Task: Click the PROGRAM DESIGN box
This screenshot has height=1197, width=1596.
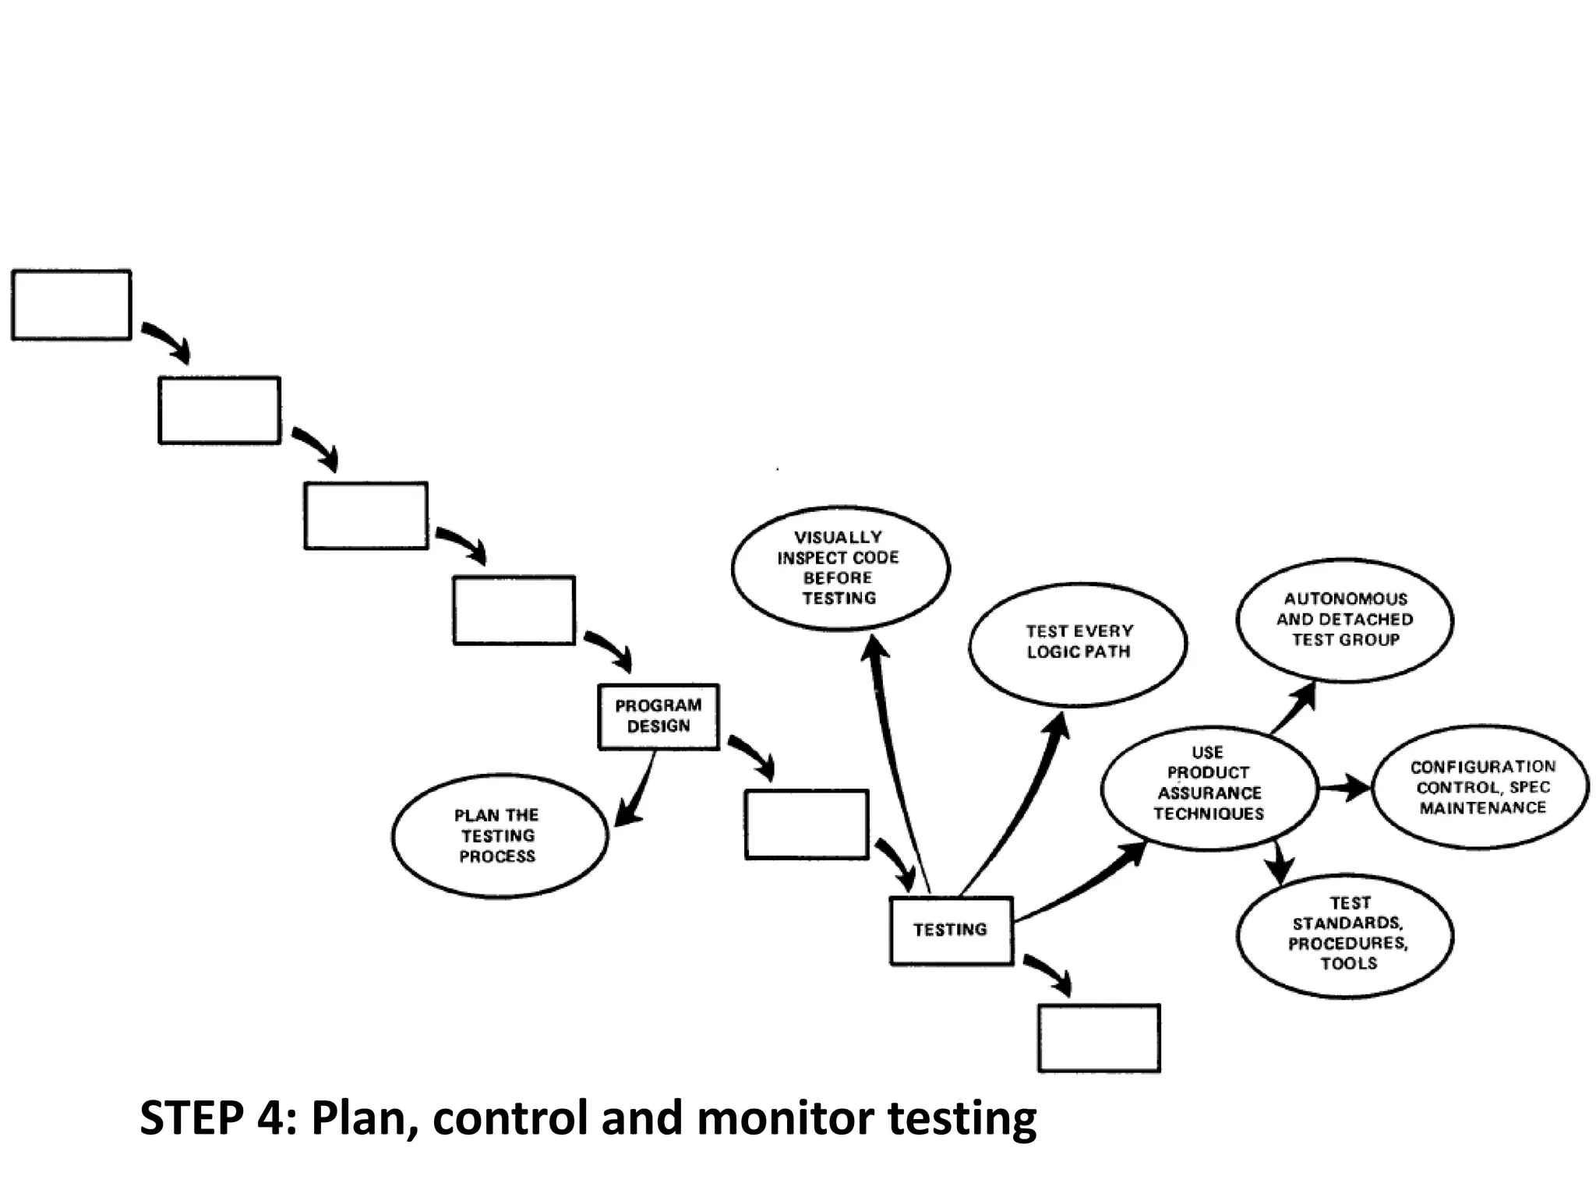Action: coord(659,716)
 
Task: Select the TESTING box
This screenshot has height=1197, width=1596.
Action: coord(951,930)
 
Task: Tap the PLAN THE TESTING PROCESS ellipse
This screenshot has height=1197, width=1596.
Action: coord(499,835)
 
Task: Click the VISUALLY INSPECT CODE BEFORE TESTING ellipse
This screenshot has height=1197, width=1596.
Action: coord(839,567)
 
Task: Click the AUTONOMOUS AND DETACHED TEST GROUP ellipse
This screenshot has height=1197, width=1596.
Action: coord(1344,620)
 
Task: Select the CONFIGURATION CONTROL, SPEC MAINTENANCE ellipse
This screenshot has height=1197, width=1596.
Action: coord(1481,787)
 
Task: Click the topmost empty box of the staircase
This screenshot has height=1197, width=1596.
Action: coord(71,305)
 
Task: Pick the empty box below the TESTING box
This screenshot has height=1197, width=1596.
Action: coord(1099,1038)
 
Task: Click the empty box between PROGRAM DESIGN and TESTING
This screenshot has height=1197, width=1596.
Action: coord(806,824)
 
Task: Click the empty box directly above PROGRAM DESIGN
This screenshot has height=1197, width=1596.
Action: coord(514,610)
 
